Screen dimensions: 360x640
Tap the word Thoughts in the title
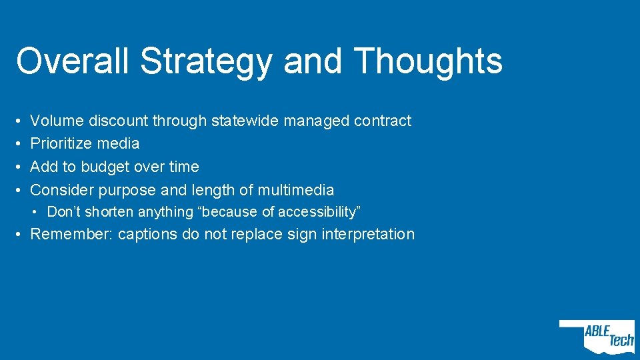[429, 61]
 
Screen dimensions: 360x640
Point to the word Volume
[57, 121]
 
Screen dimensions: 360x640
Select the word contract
[383, 121]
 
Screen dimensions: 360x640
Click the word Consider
[63, 190]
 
